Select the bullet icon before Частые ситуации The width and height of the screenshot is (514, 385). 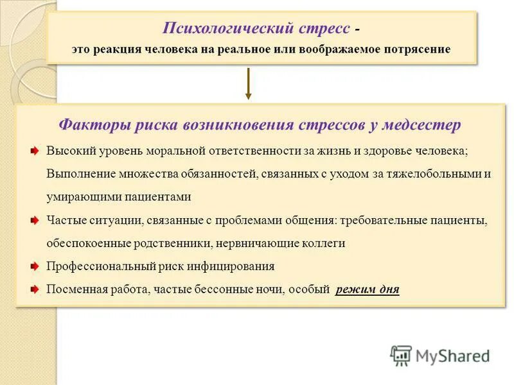click(35, 221)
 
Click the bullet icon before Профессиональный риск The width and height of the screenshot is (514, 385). click(35, 266)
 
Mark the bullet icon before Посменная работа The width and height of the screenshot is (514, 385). click(35, 289)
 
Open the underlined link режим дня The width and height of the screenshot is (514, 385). click(368, 289)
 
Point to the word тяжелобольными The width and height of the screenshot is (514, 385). click(436, 174)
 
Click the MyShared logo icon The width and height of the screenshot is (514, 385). click(401, 355)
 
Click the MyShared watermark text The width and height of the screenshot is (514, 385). click(453, 355)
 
